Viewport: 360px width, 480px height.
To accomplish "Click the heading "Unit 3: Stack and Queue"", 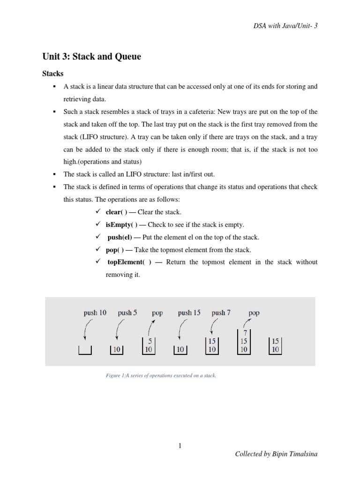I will click(x=91, y=57).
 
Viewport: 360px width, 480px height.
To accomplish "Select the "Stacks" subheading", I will click(x=52, y=74).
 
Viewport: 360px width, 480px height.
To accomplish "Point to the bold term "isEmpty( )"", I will click(x=121, y=225).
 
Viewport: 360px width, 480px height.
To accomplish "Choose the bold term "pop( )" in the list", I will click(x=115, y=249).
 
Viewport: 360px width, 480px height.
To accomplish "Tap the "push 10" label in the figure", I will click(x=95, y=313).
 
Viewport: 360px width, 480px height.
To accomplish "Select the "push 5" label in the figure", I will click(x=127, y=313).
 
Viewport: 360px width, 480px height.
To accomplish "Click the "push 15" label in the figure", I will click(x=189, y=313).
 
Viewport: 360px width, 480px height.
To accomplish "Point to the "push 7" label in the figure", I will click(x=221, y=313).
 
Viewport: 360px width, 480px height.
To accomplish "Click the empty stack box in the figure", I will click(x=85, y=350).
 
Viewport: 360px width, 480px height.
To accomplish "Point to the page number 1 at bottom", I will click(x=180, y=446).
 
